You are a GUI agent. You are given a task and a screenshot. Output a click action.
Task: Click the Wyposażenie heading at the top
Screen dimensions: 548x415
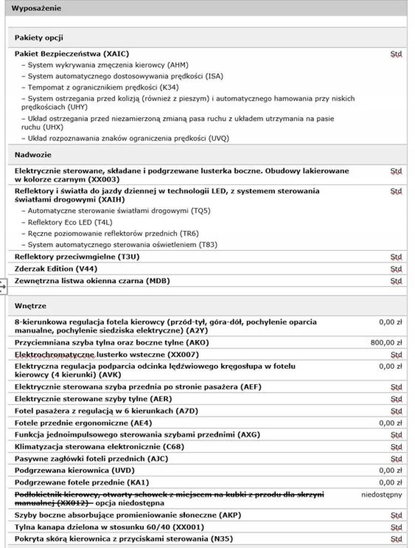(36, 8)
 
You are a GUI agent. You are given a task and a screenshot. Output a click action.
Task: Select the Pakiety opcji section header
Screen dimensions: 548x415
(39, 38)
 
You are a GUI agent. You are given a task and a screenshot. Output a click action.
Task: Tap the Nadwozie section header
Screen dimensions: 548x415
(33, 155)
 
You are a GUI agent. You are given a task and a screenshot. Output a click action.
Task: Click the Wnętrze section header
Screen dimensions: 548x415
(30, 306)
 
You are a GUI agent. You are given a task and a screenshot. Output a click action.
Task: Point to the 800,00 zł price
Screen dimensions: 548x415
(386, 343)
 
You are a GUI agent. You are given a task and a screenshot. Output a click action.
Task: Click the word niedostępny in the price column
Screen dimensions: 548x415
(381, 495)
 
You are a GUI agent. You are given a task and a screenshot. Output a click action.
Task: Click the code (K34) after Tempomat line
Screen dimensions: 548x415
(170, 88)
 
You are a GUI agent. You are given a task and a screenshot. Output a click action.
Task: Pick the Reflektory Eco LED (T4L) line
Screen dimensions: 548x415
(70, 223)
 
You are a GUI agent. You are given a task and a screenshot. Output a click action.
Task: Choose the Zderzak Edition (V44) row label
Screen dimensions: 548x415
(56, 269)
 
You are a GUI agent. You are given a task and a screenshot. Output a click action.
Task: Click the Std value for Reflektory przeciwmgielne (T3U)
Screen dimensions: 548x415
(396, 257)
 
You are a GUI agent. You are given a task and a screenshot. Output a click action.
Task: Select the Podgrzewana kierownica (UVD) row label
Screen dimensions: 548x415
(75, 471)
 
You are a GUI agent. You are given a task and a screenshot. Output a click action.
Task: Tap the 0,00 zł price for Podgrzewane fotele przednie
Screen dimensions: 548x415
(390, 483)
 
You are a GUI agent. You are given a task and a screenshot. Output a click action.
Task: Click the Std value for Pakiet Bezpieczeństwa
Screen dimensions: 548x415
(396, 54)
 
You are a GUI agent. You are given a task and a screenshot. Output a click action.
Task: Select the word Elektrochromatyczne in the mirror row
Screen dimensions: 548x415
(54, 355)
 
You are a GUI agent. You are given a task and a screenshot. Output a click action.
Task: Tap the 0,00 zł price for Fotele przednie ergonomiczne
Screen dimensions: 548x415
(390, 423)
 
